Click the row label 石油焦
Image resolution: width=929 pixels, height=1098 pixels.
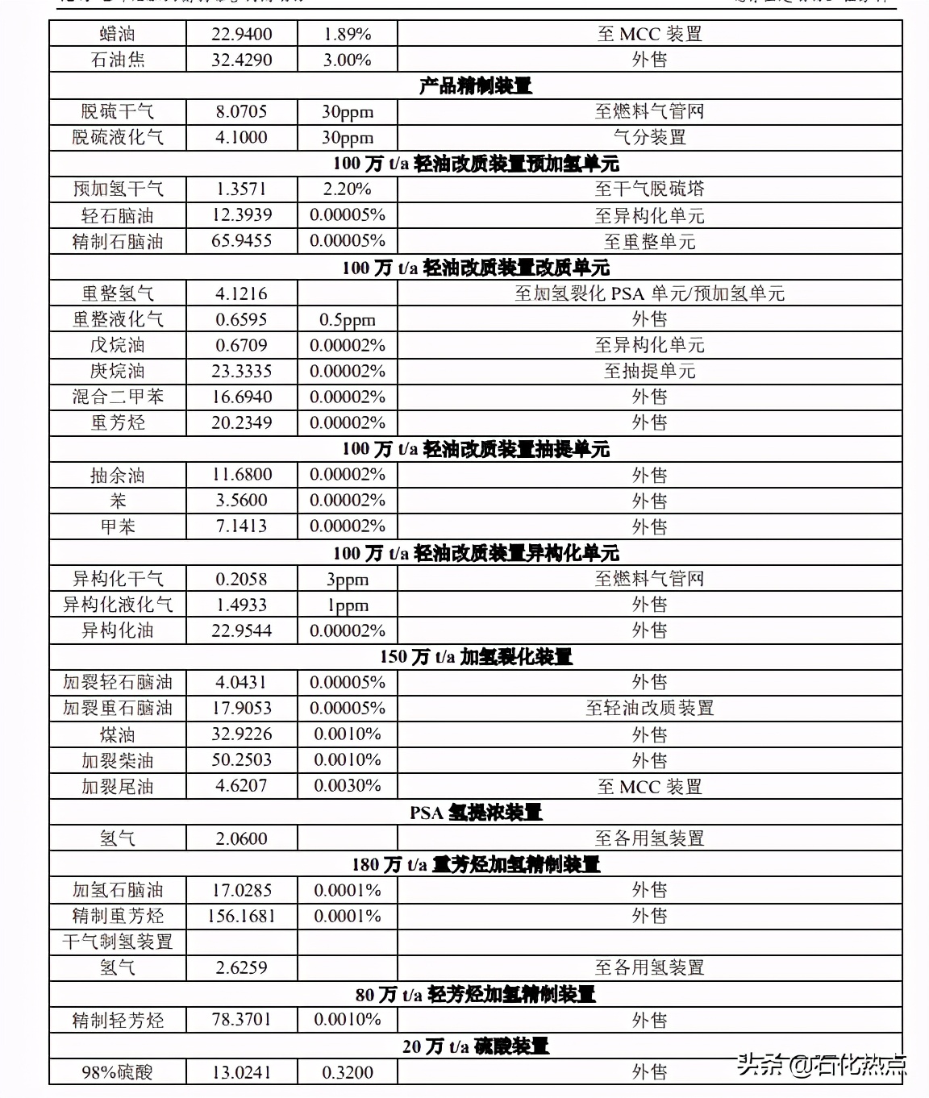(118, 60)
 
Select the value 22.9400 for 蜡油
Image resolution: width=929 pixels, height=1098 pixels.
(242, 34)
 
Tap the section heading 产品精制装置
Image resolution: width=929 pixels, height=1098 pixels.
(475, 85)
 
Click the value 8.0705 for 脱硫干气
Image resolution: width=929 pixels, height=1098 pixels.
(242, 111)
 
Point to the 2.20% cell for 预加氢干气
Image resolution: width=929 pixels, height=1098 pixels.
(347, 189)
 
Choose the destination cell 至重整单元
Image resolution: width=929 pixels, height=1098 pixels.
(649, 241)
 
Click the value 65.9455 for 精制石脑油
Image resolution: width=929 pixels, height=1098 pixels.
(242, 240)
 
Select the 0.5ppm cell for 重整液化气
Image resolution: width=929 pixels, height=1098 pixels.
(347, 319)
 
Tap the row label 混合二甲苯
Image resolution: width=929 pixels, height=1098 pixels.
(118, 397)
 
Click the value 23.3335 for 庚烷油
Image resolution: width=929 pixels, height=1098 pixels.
(242, 371)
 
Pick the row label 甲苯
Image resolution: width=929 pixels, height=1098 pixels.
(118, 526)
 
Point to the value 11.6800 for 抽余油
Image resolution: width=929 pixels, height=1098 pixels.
(242, 474)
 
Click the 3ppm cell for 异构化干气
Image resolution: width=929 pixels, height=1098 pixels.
(347, 579)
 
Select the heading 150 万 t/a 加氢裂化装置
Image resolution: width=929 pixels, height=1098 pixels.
(475, 656)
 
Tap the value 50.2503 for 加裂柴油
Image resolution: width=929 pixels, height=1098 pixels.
(242, 759)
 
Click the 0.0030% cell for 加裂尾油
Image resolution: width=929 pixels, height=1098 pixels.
(347, 785)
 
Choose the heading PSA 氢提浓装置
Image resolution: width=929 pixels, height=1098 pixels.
(475, 812)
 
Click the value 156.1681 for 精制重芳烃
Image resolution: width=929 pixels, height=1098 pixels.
(242, 916)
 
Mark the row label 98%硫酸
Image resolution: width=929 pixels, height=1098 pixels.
(118, 1072)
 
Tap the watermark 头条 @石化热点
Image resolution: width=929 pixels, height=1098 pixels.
(822, 1065)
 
